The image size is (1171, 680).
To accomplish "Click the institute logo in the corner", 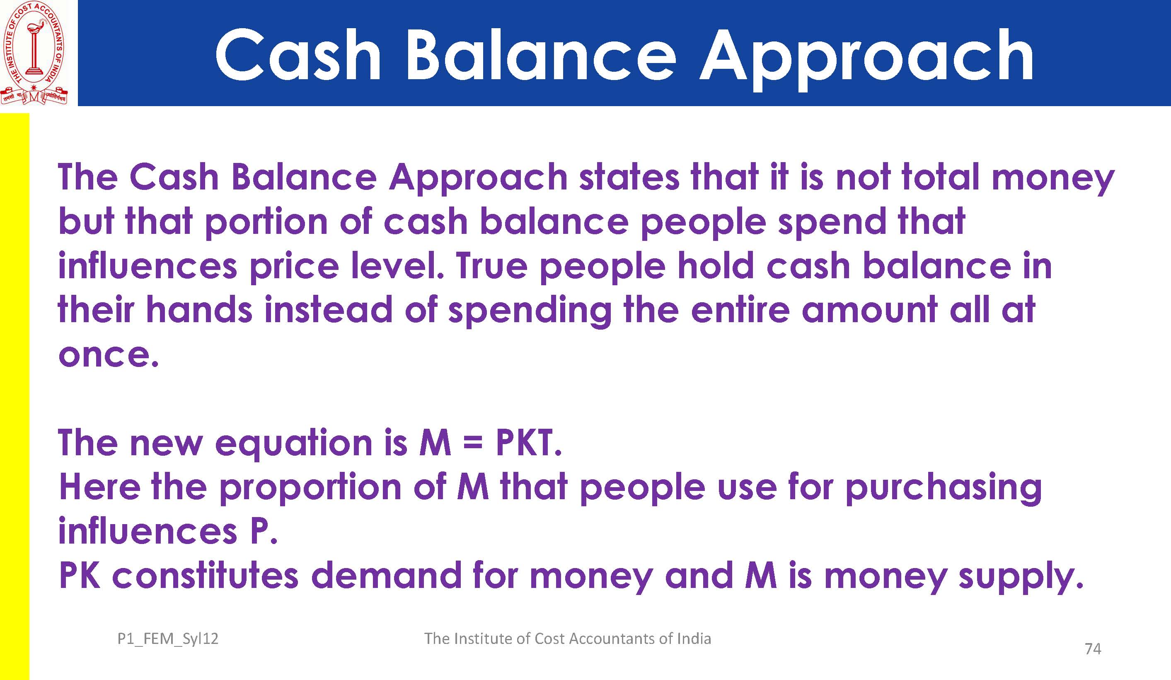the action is [34, 53].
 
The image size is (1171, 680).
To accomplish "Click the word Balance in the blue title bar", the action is [541, 55].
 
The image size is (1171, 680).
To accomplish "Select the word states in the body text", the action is [629, 177].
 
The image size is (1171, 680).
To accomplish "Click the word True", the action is [491, 266].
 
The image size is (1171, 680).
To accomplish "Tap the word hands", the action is [199, 309].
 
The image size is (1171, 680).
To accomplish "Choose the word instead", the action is [329, 309].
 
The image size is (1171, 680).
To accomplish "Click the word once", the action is [108, 356].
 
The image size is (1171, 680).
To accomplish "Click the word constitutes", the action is [206, 576].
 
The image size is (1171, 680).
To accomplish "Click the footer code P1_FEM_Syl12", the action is [168, 639].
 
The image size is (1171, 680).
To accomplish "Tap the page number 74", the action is [1093, 649].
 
